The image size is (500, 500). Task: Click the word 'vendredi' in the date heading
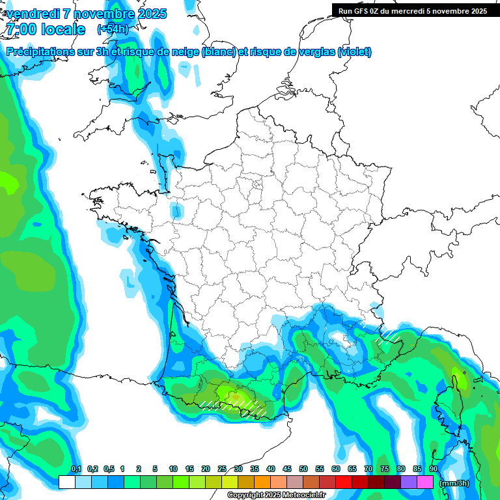(33, 14)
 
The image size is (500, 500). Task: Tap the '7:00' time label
(19, 29)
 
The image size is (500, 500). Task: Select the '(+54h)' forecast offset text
(112, 29)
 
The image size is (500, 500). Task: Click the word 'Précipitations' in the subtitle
(45, 52)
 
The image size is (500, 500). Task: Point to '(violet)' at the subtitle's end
(355, 52)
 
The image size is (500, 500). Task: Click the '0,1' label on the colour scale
(76, 469)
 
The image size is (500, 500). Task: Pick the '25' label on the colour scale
(222, 469)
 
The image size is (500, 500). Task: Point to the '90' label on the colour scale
(433, 469)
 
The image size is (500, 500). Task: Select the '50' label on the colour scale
(303, 469)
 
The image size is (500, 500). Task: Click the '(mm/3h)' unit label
(453, 483)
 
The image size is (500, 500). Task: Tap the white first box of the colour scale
(66, 482)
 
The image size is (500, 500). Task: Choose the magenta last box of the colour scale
(425, 482)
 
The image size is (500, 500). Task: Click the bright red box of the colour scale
(343, 482)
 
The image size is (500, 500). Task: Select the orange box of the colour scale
(262, 482)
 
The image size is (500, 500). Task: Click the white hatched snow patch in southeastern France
(388, 335)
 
